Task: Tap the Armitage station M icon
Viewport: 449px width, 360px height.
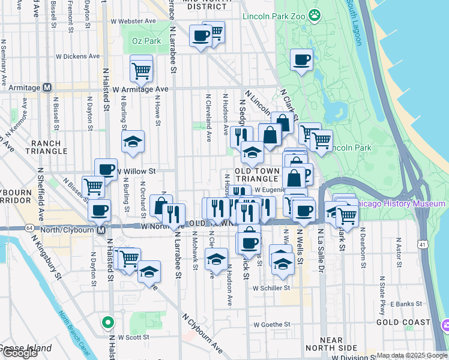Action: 47,88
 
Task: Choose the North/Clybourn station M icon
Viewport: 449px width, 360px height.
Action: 101,230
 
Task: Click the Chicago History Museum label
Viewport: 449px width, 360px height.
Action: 401,204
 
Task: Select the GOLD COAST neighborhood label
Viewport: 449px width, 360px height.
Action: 403,322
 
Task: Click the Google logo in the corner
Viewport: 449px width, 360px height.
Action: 20,353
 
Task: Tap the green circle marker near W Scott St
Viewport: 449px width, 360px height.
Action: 108,323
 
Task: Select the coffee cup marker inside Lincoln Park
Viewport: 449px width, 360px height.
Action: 301,60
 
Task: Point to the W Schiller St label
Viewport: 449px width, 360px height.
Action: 271,288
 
